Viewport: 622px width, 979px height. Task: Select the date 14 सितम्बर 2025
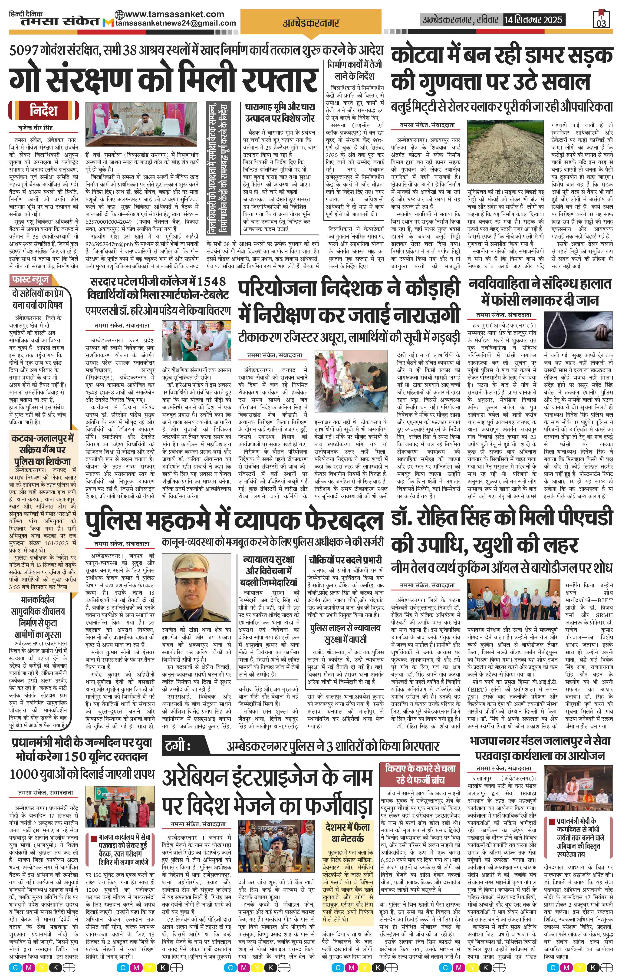(x=533, y=20)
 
